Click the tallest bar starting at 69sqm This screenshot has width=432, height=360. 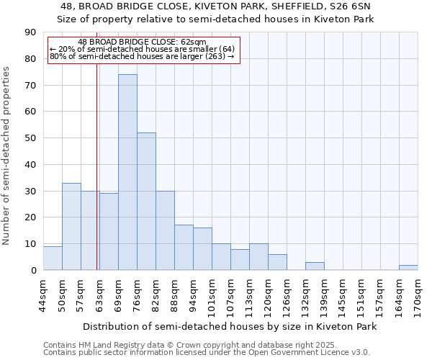coord(127,173)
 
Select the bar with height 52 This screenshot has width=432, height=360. coord(146,202)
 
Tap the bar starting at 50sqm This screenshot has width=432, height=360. coord(71,227)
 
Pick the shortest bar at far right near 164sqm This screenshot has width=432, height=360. coord(408,268)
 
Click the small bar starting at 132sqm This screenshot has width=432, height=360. coord(315,266)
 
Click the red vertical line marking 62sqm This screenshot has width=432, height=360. coord(97,180)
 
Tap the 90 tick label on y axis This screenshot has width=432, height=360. coord(30,32)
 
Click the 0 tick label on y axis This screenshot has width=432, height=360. coord(33,271)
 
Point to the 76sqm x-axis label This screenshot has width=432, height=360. coord(137,294)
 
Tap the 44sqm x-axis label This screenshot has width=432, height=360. coord(43,294)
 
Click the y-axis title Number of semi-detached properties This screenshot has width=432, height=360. coord(7,156)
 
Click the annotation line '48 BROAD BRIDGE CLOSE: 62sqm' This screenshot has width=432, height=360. coord(142,42)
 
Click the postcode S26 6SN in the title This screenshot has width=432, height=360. coord(350,6)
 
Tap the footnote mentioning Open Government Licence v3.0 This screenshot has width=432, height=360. coord(207,353)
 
